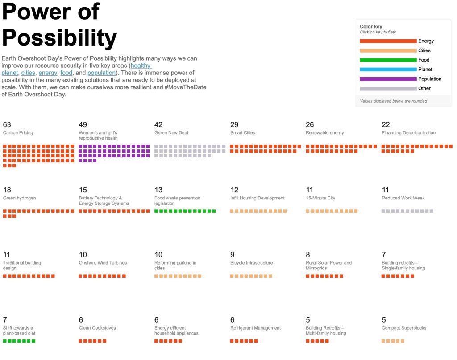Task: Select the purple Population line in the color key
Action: [x=388, y=79]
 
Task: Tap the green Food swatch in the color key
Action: [x=388, y=60]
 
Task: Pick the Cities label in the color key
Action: [x=424, y=51]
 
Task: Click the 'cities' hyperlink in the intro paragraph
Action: [x=28, y=73]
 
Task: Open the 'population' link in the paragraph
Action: [x=101, y=73]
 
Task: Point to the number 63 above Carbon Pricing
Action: [x=7, y=125]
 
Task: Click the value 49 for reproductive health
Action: [x=83, y=125]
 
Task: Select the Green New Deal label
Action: [x=172, y=133]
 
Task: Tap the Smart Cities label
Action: [x=243, y=133]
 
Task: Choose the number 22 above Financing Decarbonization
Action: [x=386, y=125]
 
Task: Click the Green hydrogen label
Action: [x=19, y=198]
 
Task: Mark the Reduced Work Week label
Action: [x=403, y=198]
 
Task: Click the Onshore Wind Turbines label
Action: [x=103, y=263]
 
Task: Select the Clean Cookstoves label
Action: [x=97, y=328]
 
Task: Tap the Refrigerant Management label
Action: [x=255, y=328]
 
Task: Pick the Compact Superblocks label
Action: [x=404, y=328]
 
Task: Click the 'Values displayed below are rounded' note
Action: [x=393, y=101]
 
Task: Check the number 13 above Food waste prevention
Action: [x=158, y=190]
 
